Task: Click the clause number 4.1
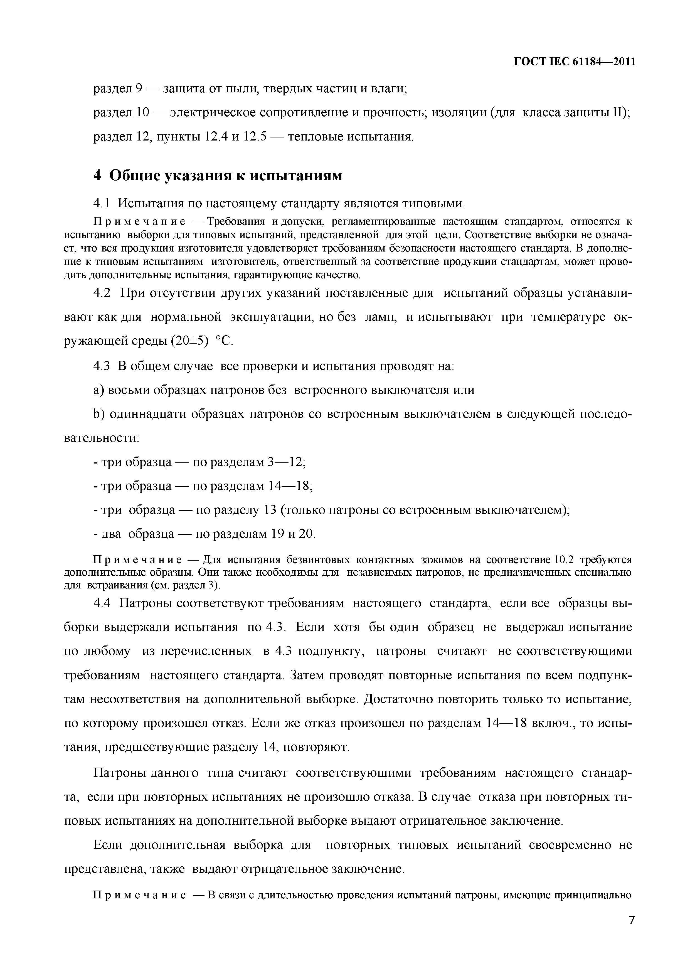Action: (101, 204)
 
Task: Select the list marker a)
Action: (99, 390)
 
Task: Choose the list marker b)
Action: (99, 414)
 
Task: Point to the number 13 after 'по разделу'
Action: (270, 510)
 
